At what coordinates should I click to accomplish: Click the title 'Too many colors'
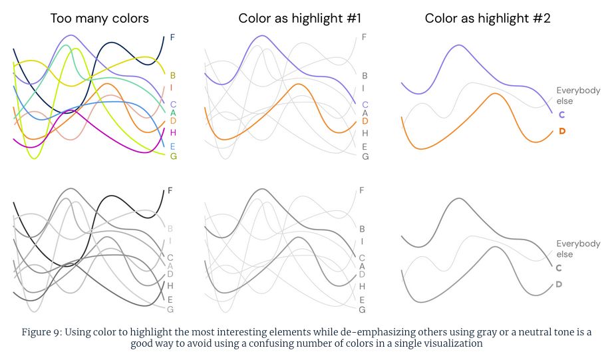(x=99, y=18)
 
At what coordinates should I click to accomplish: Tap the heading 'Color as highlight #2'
(x=488, y=18)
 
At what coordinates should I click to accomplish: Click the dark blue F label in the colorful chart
(x=173, y=37)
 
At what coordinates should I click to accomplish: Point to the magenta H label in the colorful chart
(x=173, y=133)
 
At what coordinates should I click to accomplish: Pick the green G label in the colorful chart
(x=173, y=156)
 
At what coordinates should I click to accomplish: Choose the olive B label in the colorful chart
(x=173, y=76)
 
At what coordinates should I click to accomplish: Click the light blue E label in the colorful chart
(x=173, y=146)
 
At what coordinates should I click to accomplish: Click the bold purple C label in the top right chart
(x=561, y=114)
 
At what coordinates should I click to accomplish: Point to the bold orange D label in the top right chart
(x=562, y=131)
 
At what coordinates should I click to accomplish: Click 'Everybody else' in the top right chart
(x=577, y=96)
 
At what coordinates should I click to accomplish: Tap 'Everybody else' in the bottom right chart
(x=577, y=249)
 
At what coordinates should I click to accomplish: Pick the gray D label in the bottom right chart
(x=559, y=284)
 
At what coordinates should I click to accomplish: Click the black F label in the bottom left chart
(x=170, y=190)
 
